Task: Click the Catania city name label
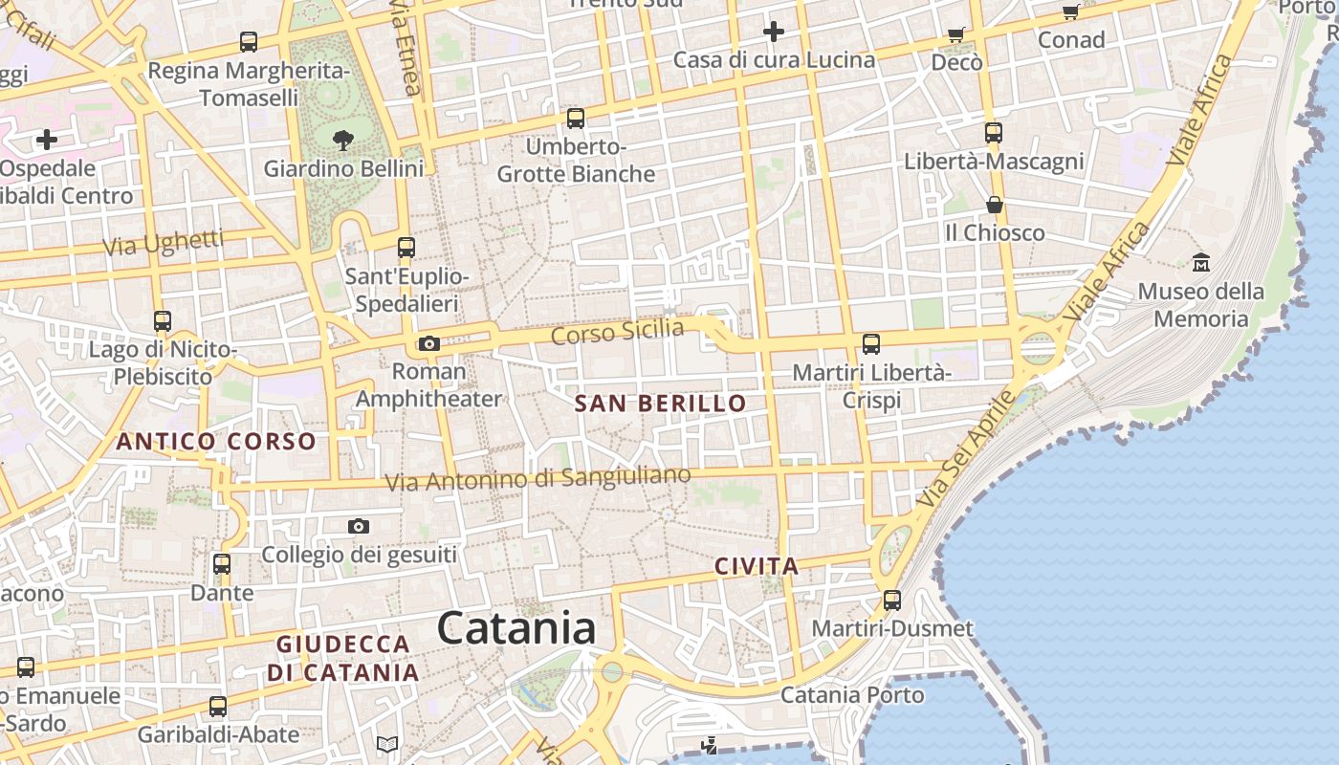click(x=516, y=629)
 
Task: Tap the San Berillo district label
click(x=660, y=404)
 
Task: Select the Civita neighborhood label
click(x=757, y=566)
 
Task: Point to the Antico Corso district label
click(x=216, y=442)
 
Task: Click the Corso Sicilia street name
click(x=618, y=333)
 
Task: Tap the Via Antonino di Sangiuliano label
click(x=538, y=478)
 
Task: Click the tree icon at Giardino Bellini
click(x=343, y=141)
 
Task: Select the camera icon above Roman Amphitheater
click(x=429, y=343)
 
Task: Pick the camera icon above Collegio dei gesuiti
click(x=359, y=526)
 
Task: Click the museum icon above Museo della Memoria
click(x=1201, y=262)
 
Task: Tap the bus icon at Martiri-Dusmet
click(x=892, y=601)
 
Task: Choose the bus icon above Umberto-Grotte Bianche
click(x=575, y=119)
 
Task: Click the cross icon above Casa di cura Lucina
click(x=774, y=33)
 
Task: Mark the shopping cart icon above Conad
click(x=1071, y=11)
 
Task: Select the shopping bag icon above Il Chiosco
click(x=995, y=205)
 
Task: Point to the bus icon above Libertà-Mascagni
click(x=994, y=133)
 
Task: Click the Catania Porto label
click(x=852, y=695)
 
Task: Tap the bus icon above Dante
click(x=222, y=564)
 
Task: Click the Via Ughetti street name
click(x=164, y=243)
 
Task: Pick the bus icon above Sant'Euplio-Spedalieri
click(x=406, y=248)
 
